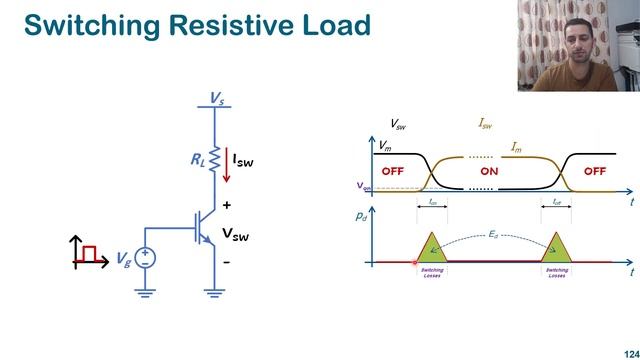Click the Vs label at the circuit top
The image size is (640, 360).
click(216, 97)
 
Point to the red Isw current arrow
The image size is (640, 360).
click(226, 165)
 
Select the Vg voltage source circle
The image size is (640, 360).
click(146, 257)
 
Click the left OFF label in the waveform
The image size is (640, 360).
click(392, 171)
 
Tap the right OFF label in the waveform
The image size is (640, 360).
click(595, 171)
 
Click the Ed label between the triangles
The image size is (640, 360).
click(493, 235)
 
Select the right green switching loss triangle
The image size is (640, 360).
click(558, 249)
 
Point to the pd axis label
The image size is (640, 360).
click(361, 215)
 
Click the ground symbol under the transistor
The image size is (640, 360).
click(213, 292)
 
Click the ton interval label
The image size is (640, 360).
click(432, 201)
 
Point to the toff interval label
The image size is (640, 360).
click(558, 201)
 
